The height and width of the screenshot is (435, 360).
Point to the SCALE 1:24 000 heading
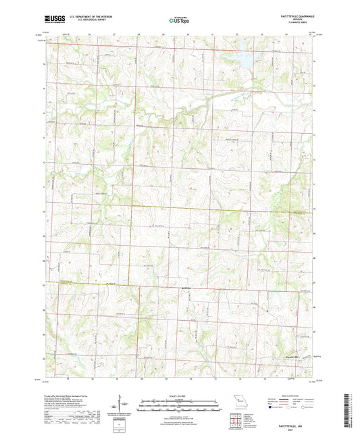click(x=180, y=395)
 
